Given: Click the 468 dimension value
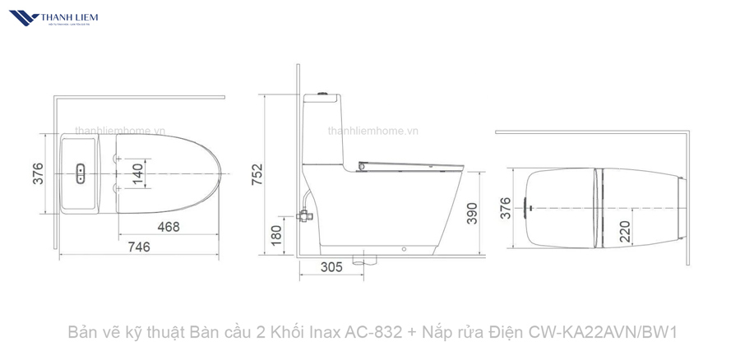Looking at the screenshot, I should [168, 227].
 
